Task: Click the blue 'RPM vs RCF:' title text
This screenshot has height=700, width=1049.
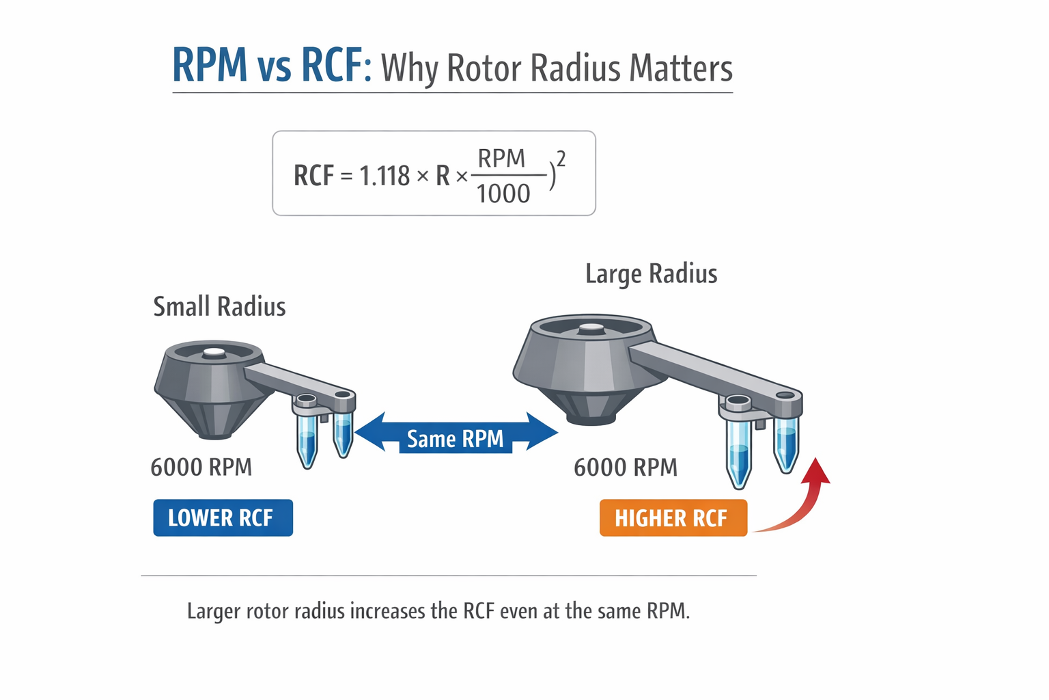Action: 270,66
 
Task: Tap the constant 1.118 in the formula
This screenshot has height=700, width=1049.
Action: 384,176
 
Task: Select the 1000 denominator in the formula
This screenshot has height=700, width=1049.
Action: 503,194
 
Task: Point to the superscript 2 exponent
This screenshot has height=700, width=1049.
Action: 561,159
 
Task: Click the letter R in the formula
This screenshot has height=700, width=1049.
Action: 443,176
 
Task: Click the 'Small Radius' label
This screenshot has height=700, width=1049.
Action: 219,306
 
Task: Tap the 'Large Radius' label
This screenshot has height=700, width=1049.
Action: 651,273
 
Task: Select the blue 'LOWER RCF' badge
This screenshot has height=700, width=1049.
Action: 223,517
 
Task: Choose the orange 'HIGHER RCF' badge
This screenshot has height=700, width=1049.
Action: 673,518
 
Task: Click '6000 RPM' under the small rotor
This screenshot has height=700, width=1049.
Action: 201,467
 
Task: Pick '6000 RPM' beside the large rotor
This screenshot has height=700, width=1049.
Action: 626,467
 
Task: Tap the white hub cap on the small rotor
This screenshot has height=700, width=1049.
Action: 214,352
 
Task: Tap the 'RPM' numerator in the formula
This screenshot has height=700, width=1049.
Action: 501,158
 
